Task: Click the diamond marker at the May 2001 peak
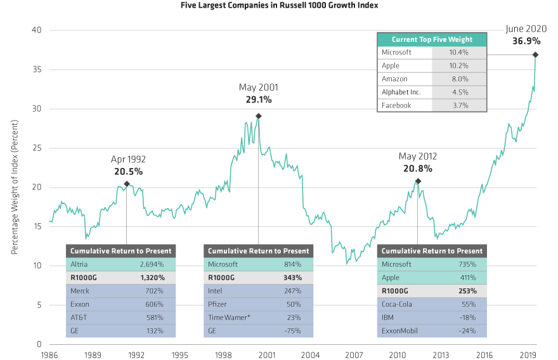[258, 116]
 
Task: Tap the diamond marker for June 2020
[536, 55]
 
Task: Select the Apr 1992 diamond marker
[127, 184]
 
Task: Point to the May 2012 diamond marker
[418, 182]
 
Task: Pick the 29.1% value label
[258, 100]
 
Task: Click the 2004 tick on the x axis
[310, 355]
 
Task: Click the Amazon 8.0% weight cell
[460, 79]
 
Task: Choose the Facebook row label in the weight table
[396, 105]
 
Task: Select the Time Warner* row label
[228, 318]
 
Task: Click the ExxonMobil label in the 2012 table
[401, 331]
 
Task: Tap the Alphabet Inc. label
[401, 93]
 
